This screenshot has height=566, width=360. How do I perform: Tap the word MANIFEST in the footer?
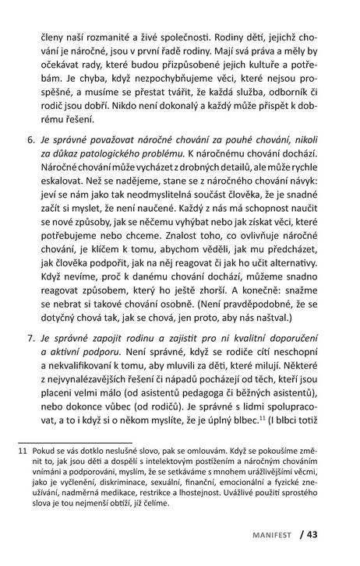click(x=274, y=535)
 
